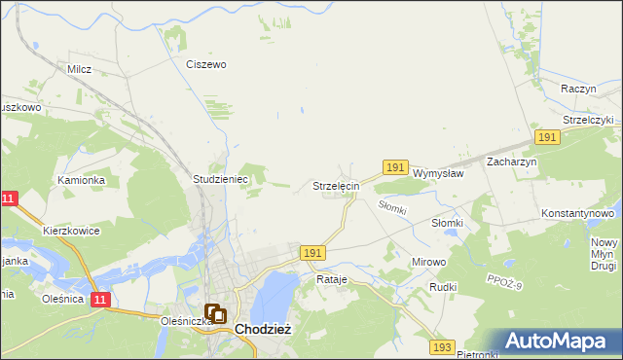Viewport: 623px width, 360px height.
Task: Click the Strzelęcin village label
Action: click(x=336, y=185)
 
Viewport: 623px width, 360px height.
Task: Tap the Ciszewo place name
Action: click(x=206, y=64)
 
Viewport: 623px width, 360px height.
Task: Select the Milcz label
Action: click(x=79, y=70)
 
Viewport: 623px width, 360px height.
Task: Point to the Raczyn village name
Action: click(x=578, y=88)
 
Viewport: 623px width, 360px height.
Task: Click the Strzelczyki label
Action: click(x=581, y=120)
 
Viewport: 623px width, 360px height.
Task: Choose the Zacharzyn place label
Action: click(x=512, y=162)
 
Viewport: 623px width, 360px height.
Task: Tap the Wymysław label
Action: click(x=437, y=172)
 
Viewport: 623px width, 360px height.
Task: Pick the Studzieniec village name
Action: click(x=222, y=180)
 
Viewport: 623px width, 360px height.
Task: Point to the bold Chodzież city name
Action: click(x=263, y=330)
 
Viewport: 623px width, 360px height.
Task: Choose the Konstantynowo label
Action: click(x=577, y=212)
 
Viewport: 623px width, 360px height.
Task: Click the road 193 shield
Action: click(x=443, y=346)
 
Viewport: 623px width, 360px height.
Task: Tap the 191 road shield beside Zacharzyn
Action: click(x=546, y=138)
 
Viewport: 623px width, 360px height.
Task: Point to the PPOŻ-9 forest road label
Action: click(x=505, y=283)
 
